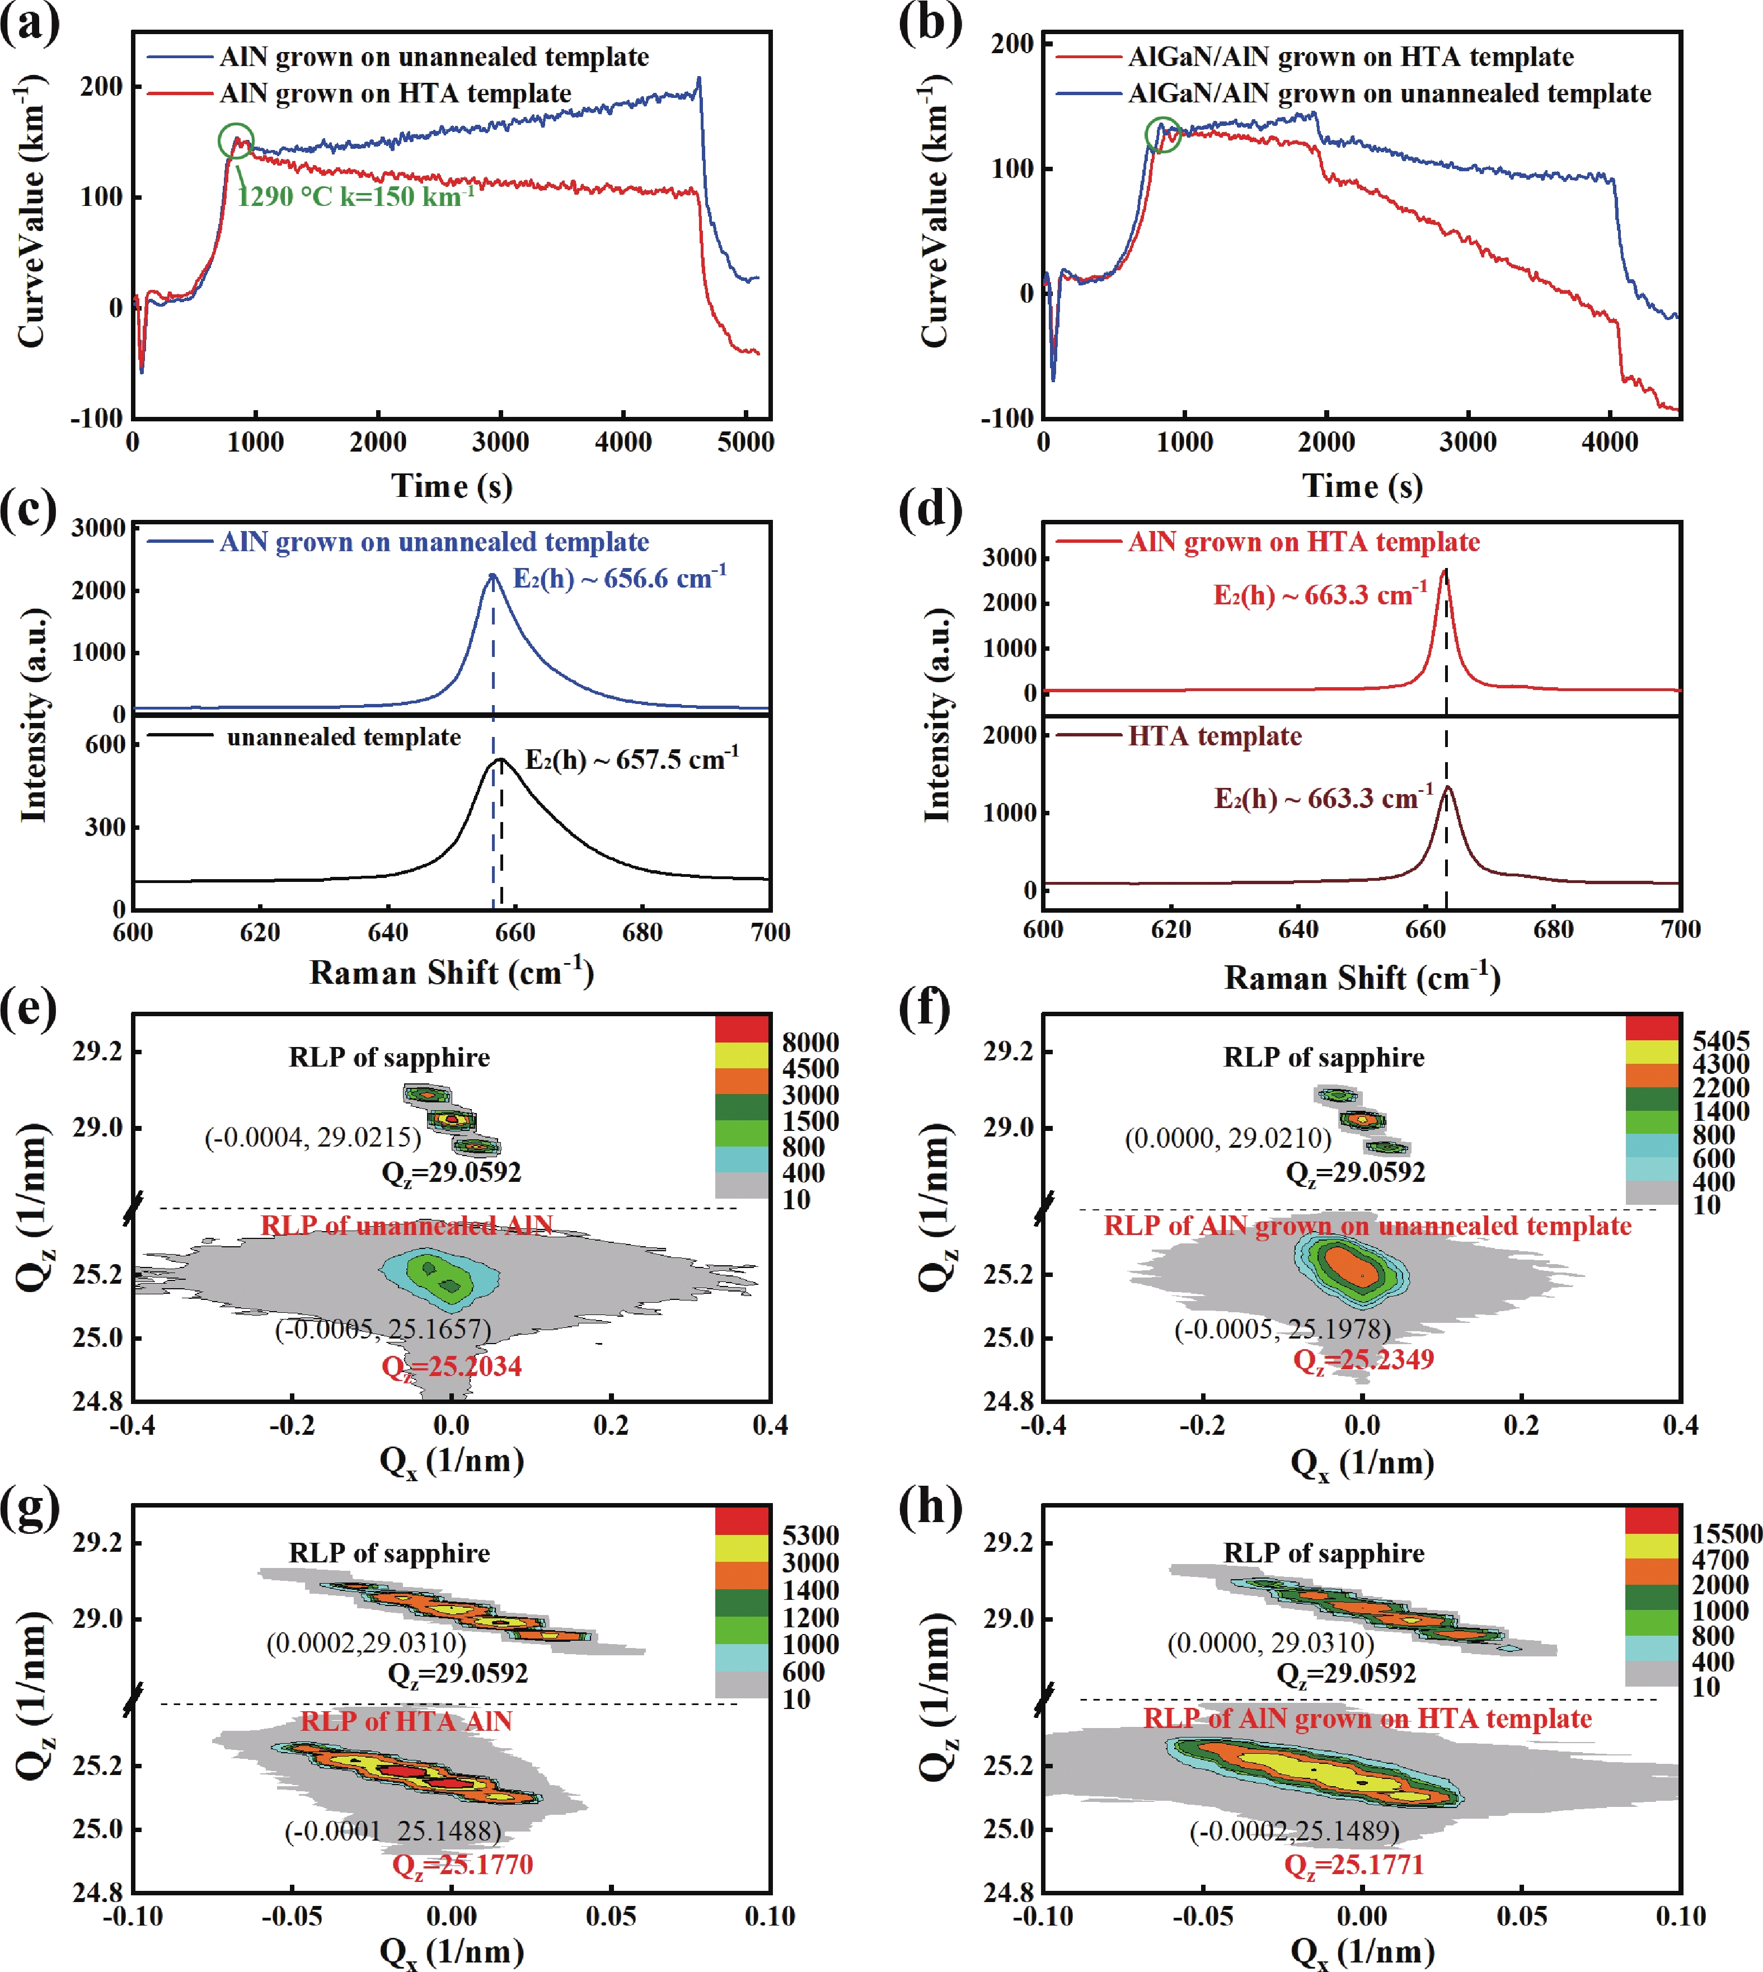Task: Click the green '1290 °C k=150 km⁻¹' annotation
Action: (x=355, y=196)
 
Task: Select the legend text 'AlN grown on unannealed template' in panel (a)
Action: (x=434, y=57)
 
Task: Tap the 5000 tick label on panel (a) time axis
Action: (x=745, y=443)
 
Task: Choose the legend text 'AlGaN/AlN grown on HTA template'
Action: (x=1351, y=57)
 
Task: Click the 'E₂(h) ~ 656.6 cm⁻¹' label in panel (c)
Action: (x=619, y=578)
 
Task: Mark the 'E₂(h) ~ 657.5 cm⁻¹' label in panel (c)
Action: (x=631, y=759)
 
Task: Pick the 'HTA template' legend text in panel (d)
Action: (x=1214, y=736)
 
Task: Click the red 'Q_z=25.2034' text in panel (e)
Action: (x=452, y=1367)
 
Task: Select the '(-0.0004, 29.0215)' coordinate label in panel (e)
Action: (x=313, y=1137)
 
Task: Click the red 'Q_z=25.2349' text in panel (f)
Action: (x=1363, y=1360)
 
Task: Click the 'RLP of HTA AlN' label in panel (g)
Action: (x=406, y=1721)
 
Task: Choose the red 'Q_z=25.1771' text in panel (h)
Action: (x=1353, y=1865)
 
